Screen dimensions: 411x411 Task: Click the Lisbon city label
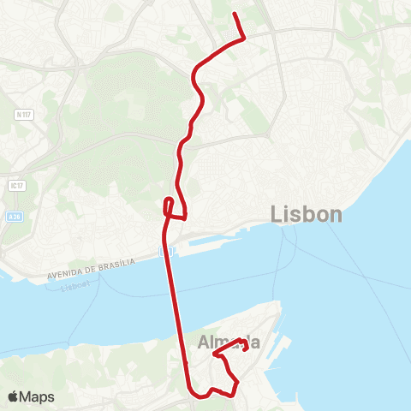pos(307,214)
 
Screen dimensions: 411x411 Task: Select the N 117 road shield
pos(24,114)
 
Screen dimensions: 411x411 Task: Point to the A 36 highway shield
pos(14,218)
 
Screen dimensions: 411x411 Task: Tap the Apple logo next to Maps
pos(15,396)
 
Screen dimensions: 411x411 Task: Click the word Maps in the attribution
pos(38,396)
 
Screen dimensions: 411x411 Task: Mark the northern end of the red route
pos(235,13)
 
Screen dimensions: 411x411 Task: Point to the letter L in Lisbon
pos(277,214)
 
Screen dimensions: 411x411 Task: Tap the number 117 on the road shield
pos(27,114)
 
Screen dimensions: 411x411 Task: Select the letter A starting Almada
pos(204,342)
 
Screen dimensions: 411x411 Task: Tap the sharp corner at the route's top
pos(245,38)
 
